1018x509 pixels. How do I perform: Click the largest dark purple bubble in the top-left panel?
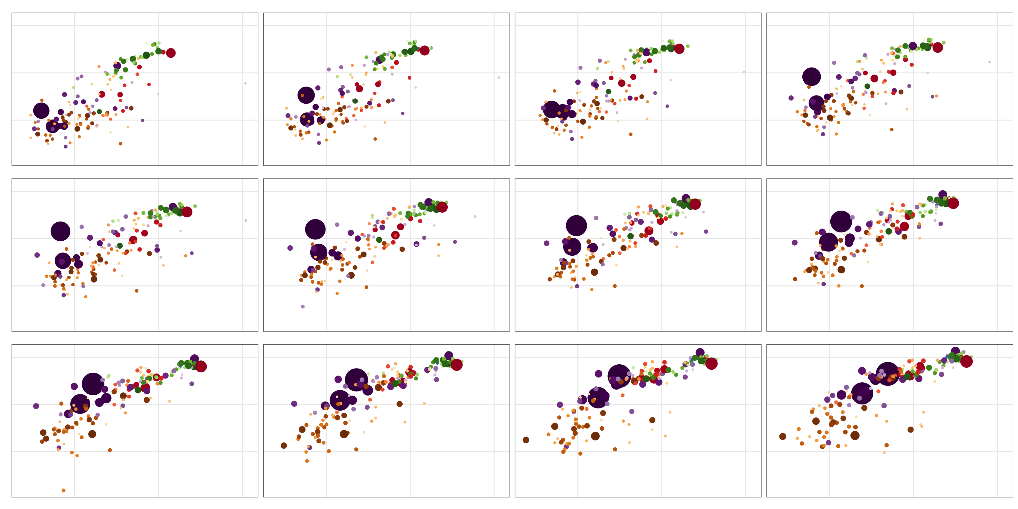41,111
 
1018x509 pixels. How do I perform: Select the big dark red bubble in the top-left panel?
171,53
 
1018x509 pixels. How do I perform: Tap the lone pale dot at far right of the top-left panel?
245,83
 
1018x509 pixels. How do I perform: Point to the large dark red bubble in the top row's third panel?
679,49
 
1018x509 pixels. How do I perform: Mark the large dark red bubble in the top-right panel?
938,47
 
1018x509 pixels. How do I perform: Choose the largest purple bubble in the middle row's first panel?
60,231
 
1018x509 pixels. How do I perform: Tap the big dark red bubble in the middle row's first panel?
187,212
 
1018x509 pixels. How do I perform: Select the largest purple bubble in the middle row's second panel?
315,229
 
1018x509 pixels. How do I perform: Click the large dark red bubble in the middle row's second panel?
442,207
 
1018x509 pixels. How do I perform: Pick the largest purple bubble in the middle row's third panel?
576,226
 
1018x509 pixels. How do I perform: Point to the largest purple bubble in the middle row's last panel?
841,221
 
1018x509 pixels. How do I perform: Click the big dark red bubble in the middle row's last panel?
953,203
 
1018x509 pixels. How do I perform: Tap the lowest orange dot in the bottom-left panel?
64,490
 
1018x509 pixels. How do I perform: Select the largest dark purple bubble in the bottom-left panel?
93,384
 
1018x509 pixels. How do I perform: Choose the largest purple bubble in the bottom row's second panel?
356,380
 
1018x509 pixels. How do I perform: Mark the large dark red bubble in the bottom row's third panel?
711,363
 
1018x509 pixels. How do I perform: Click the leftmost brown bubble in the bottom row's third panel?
526,440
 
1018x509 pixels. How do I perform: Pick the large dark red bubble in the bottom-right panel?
966,361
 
